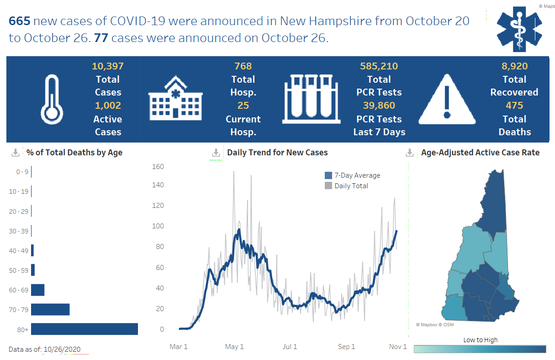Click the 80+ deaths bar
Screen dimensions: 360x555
click(85, 329)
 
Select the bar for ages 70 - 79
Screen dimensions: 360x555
click(50, 309)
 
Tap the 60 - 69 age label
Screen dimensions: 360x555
click(19, 290)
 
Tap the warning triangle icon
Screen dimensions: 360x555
click(447, 99)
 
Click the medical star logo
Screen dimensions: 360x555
click(519, 29)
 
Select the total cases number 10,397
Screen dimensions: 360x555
click(108, 66)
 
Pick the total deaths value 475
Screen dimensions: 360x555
click(514, 106)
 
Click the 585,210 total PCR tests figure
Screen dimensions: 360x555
click(379, 66)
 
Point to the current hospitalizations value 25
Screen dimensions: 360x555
click(243, 106)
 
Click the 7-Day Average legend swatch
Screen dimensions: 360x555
click(328, 175)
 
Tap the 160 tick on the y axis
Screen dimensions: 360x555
click(158, 166)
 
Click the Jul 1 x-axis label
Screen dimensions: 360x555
click(290, 347)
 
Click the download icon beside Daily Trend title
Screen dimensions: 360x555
click(216, 153)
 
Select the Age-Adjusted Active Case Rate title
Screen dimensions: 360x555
click(480, 153)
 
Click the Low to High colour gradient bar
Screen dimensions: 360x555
click(480, 349)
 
